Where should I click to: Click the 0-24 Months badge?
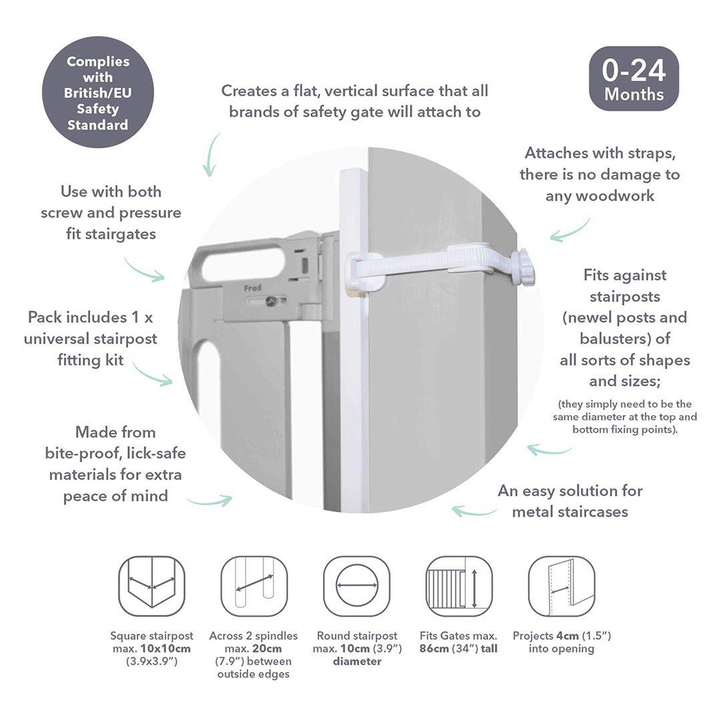point(634,79)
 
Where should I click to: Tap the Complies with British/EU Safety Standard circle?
point(97,92)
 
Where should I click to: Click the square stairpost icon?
point(152,586)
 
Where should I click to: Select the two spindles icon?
point(254,586)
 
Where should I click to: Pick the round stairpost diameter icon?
point(356,586)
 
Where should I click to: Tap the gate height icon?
point(459,586)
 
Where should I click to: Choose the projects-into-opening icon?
point(561,586)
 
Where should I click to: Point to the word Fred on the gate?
point(253,288)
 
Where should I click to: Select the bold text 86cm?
point(433,649)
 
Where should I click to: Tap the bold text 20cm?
point(268,649)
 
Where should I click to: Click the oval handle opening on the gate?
point(243,265)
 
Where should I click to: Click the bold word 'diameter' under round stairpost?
point(357,662)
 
